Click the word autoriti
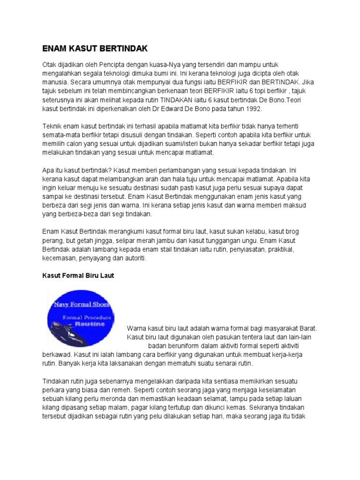tap(134, 259)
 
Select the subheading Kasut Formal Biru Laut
tap(78, 276)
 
